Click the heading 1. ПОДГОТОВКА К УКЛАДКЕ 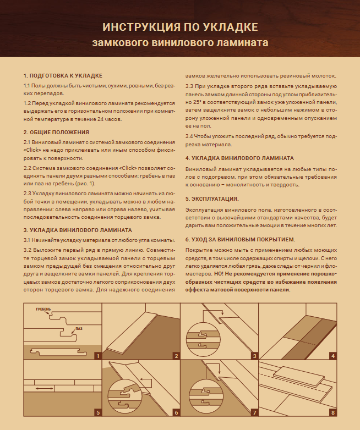[x=63, y=75]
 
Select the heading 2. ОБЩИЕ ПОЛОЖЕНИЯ [x=56, y=133]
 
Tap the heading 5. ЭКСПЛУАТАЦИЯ [x=212, y=199]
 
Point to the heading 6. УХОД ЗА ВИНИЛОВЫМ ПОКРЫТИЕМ [x=240, y=239]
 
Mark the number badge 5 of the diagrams [x=97, y=412]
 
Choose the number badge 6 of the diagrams [x=176, y=412]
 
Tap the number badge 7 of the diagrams [x=255, y=412]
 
